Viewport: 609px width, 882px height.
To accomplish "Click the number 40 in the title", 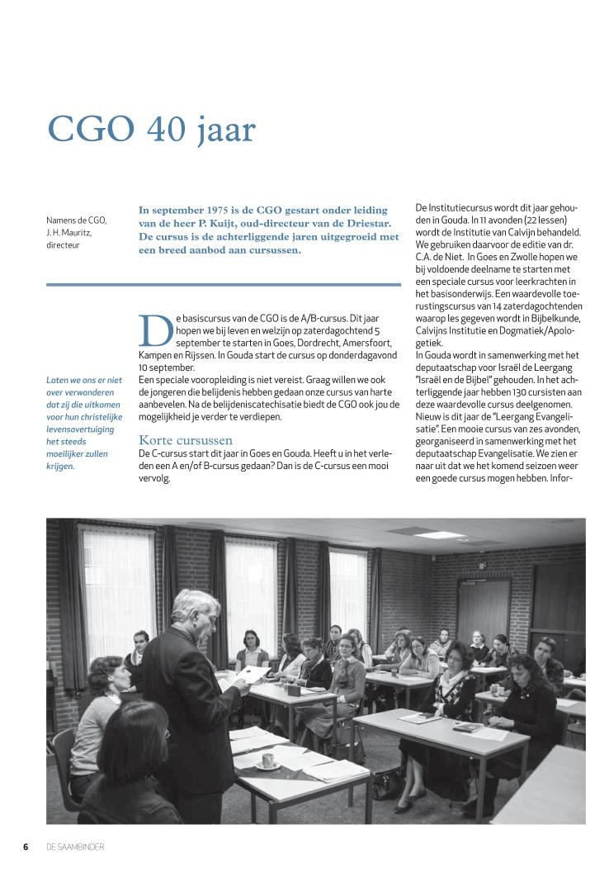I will coord(168,130).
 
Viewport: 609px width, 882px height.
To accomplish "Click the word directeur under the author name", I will coord(63,244).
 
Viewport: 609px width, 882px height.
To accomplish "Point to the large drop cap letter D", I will coord(155,330).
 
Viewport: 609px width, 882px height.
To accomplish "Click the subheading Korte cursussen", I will coord(185,440).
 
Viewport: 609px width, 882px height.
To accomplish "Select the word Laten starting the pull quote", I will coord(57,380).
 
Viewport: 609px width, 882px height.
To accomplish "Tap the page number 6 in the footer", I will coord(26,846).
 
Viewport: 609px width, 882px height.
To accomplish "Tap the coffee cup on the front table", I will coord(269,761).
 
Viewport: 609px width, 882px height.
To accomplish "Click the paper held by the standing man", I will coord(253,674).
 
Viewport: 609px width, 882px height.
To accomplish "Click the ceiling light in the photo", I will coord(430,533).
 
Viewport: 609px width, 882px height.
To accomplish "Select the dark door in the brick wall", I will coord(484,611).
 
